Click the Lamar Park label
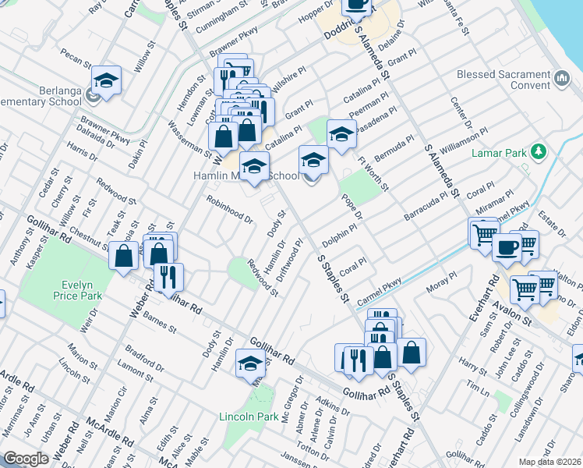(x=500, y=154)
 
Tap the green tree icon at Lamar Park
(x=537, y=151)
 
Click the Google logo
(x=26, y=459)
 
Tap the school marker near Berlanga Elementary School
(x=106, y=80)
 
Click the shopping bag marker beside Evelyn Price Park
(x=124, y=256)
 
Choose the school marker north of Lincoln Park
(x=250, y=363)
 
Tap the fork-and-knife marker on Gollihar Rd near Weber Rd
(x=168, y=276)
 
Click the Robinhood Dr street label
(x=230, y=210)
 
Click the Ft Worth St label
(x=373, y=174)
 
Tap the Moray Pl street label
(x=441, y=283)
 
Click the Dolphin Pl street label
(x=342, y=232)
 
